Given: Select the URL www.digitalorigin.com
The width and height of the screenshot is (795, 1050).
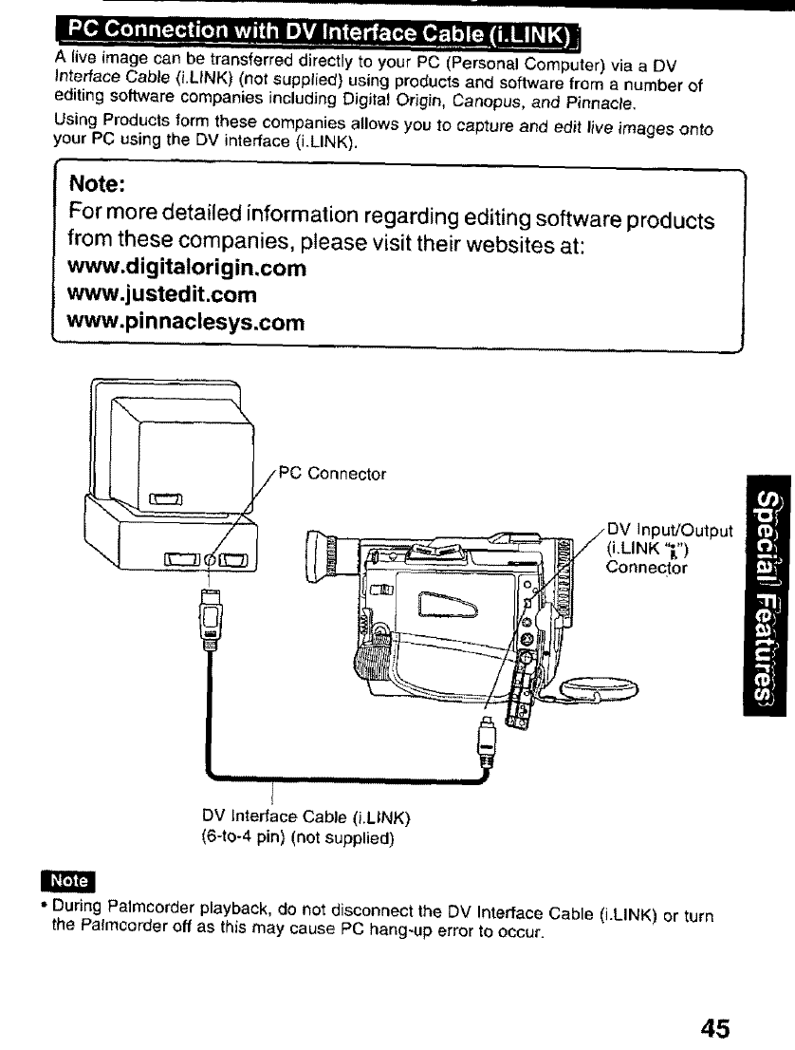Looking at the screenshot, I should click(185, 268).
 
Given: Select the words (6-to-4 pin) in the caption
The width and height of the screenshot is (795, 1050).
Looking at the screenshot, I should click(237, 837).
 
